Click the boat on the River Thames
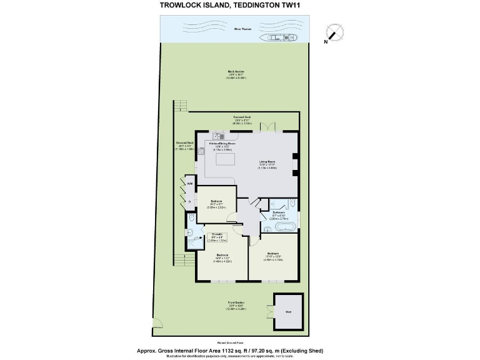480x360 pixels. (282, 38)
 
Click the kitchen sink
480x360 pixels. (218, 136)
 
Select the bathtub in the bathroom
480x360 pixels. (283, 227)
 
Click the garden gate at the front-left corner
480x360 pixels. (157, 323)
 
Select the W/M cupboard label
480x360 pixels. (189, 183)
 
